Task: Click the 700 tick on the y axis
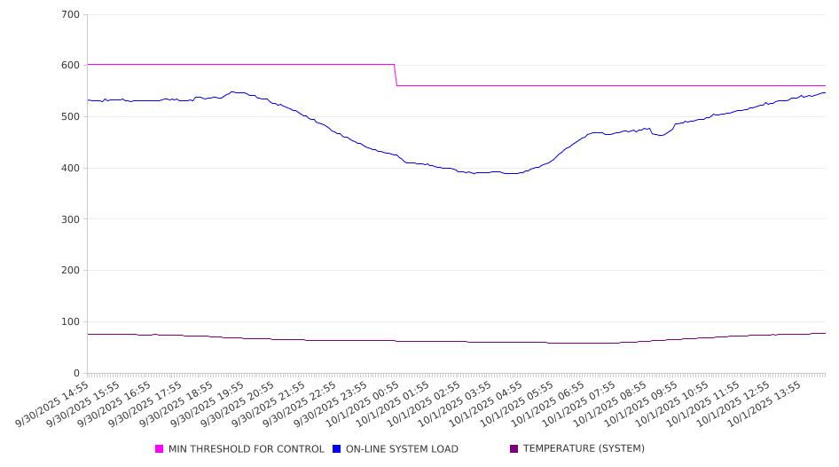70,15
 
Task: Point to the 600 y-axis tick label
70,66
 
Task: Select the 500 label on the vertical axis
70,117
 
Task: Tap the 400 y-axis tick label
70,169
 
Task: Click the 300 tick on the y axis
70,219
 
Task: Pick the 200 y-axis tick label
70,271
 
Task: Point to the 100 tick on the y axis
70,322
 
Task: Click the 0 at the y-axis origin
76,374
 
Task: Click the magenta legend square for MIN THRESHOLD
160,449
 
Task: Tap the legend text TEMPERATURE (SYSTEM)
584,449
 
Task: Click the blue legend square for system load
337,449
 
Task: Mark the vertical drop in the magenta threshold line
396,75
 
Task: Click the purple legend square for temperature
514,449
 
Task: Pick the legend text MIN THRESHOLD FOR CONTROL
247,449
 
